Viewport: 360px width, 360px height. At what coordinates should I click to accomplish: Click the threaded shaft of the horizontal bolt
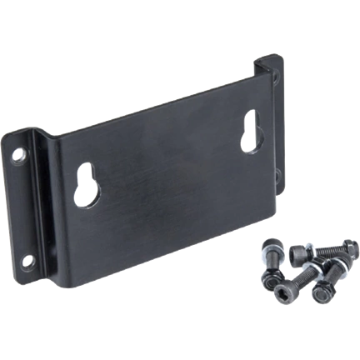tap(328, 250)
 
